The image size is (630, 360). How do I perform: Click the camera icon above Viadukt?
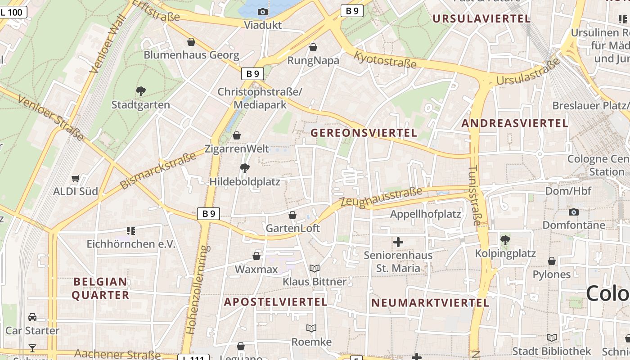point(263,12)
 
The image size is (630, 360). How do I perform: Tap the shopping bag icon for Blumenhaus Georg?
point(191,42)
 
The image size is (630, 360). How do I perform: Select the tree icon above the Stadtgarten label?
point(141,91)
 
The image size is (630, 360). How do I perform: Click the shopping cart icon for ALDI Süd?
point(76,178)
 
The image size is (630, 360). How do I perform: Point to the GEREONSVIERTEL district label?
point(364,133)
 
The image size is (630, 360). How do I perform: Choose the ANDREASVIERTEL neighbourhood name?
point(515,123)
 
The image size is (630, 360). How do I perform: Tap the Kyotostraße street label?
point(385,60)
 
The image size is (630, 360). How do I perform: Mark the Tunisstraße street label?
point(474,195)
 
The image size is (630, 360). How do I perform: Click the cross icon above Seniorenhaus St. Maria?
point(398,242)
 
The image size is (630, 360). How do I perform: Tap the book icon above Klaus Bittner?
point(315,268)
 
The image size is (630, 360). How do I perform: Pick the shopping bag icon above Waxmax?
point(256,256)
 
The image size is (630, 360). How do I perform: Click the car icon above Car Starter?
point(32,317)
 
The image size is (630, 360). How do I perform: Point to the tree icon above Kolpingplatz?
point(505,240)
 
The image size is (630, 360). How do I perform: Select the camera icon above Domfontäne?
point(574,211)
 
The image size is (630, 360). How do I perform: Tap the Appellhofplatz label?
point(425,214)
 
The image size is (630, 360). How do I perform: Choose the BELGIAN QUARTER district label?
point(100,288)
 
